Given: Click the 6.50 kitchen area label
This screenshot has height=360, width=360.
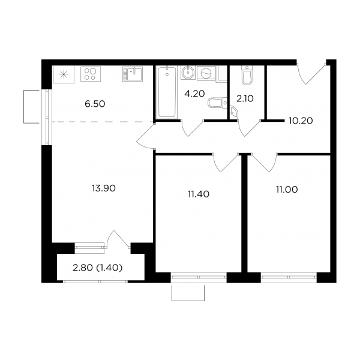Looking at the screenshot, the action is (95, 104).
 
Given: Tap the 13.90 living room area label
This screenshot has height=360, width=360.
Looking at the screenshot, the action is (104, 188).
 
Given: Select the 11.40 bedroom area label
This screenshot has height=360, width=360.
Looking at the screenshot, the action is (199, 194).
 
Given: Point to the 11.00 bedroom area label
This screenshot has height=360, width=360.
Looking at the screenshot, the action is (287, 190).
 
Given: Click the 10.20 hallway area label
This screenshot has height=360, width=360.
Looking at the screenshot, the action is (301, 121).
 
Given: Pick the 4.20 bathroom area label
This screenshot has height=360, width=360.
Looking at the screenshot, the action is (194, 94).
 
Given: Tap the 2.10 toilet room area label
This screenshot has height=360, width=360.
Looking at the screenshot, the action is (245, 99).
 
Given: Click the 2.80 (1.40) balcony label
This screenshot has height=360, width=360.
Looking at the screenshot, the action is (97, 268).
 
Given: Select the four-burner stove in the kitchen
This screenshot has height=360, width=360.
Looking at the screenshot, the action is (91, 74).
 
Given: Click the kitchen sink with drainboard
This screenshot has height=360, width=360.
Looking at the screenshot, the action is (133, 74).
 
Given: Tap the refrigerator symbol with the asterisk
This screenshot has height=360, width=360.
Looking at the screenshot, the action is (64, 74).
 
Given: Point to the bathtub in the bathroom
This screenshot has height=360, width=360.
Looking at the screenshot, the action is (167, 92).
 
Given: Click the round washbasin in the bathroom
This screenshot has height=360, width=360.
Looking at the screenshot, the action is (188, 73).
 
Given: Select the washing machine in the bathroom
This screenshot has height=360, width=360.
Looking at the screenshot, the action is (206, 73).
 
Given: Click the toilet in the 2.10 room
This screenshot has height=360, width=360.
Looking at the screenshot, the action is (247, 75).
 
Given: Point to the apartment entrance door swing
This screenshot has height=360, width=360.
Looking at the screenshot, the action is (311, 74).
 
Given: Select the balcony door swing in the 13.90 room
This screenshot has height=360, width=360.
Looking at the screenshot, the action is (118, 239).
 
